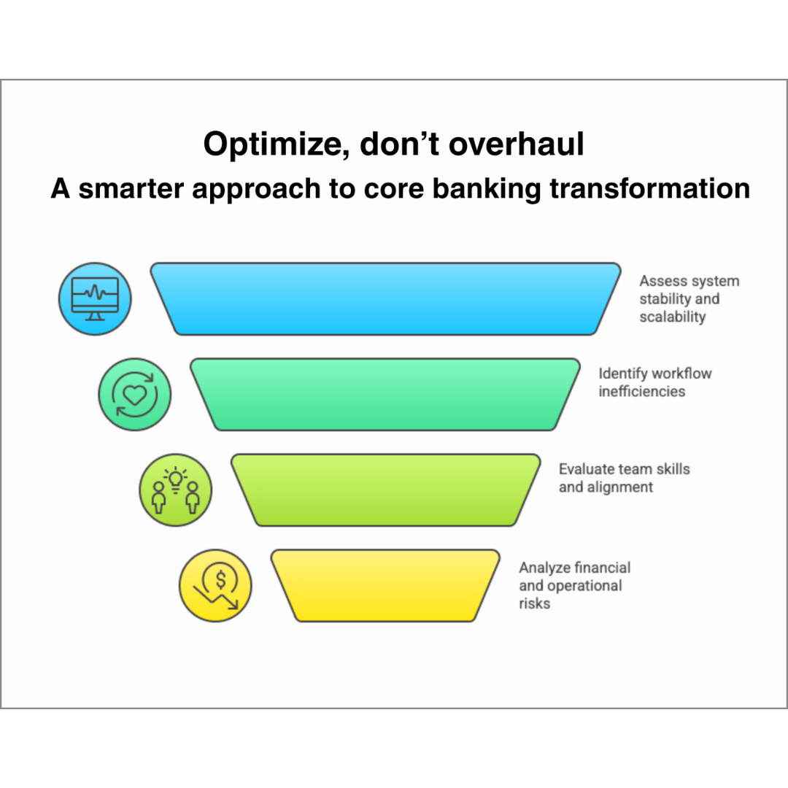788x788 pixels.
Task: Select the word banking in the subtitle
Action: click(487, 190)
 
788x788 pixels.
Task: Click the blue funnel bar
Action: click(385, 299)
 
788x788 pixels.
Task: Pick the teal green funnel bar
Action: click(385, 395)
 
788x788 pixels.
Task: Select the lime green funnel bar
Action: click(385, 490)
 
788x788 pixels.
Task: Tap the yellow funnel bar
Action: click(385, 585)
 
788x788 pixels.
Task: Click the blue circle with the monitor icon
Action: click(95, 299)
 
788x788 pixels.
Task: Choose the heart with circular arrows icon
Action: click(135, 395)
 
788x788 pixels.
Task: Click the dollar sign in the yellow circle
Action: click(220, 580)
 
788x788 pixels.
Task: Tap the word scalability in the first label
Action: click(673, 317)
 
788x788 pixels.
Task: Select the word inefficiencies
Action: click(642, 392)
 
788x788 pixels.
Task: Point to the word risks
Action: click(534, 603)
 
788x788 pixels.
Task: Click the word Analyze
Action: click(545, 568)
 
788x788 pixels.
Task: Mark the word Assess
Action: click(658, 281)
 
